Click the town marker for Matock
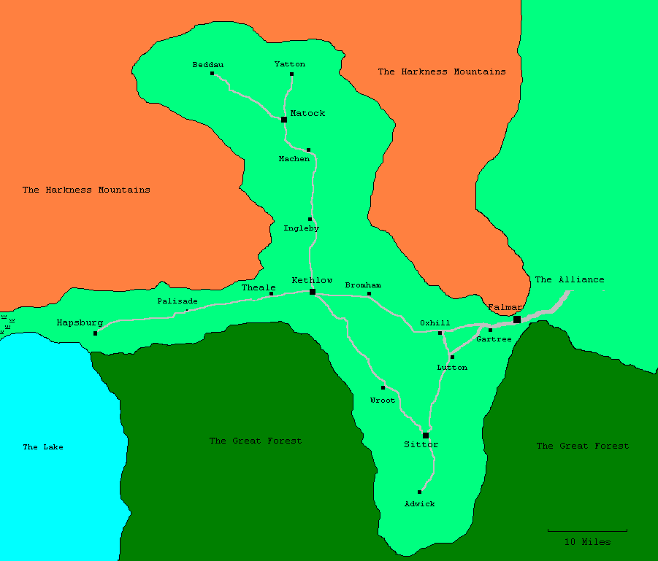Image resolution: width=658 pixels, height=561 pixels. click(284, 119)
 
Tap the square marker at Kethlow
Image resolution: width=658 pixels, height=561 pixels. click(313, 292)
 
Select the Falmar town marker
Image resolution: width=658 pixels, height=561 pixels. click(517, 320)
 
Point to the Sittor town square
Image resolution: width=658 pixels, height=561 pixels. click(426, 436)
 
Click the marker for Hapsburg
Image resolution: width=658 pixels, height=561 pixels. click(95, 333)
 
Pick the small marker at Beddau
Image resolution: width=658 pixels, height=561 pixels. click(212, 74)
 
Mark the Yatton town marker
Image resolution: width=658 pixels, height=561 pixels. click(291, 74)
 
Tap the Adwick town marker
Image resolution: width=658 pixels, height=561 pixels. click(419, 492)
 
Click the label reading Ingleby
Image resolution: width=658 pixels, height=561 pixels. click(301, 228)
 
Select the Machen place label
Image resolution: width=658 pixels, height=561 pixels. click(294, 159)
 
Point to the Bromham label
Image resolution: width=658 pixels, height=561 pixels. click(363, 285)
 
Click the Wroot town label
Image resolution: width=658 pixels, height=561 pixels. click(383, 401)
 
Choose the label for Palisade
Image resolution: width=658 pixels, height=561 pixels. click(177, 301)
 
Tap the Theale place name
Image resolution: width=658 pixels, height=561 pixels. click(259, 288)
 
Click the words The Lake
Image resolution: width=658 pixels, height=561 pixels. click(43, 447)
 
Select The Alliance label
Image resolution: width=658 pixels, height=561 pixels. click(570, 279)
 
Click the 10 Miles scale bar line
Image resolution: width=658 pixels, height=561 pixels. click(587, 530)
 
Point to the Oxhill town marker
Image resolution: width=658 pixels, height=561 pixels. click(440, 333)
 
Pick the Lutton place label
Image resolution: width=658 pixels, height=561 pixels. click(452, 368)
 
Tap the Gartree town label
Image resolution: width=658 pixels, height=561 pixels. click(494, 339)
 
